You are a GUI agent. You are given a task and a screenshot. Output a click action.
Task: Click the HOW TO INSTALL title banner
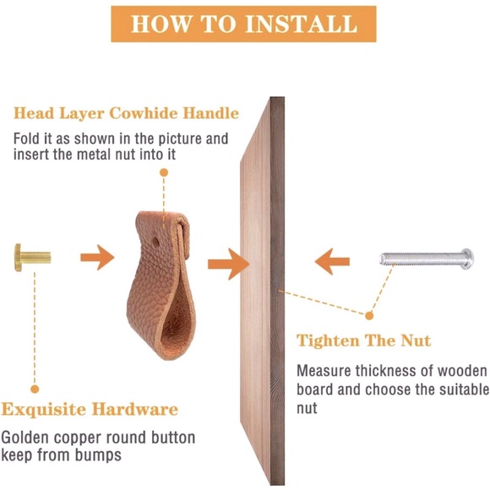click(x=244, y=23)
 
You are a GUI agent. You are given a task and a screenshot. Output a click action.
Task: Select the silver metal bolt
click(x=426, y=254)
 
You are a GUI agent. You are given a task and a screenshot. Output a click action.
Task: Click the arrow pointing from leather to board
click(x=228, y=262)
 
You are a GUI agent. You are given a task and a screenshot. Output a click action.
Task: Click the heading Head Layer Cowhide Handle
click(x=126, y=113)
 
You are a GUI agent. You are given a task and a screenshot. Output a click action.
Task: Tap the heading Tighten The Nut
click(x=363, y=341)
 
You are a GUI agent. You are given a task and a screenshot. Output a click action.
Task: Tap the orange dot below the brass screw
click(x=34, y=389)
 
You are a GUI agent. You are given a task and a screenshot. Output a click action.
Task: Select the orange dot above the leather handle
click(x=163, y=171)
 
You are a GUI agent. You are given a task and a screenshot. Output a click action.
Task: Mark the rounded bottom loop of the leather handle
click(x=161, y=338)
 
